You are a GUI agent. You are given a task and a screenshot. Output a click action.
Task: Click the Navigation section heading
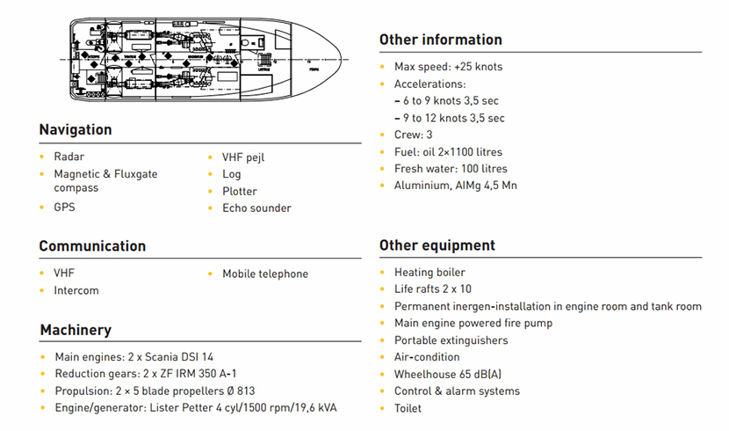pyautogui.click(x=76, y=130)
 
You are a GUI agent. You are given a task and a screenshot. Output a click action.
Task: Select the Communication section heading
pyautogui.click(x=92, y=246)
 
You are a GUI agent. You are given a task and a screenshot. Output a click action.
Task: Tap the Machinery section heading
pyautogui.click(x=76, y=331)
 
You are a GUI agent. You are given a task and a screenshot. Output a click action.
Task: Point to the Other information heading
pyautogui.click(x=440, y=40)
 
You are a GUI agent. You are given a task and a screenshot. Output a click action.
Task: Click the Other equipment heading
pyautogui.click(x=437, y=245)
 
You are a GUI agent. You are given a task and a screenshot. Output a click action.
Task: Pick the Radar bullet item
pyautogui.click(x=69, y=157)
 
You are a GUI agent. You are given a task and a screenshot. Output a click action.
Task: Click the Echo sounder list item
pyautogui.click(x=256, y=208)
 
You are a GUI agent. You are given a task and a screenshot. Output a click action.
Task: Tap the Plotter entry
pyautogui.click(x=240, y=192)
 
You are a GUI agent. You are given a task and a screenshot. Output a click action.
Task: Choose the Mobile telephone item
pyautogui.click(x=265, y=274)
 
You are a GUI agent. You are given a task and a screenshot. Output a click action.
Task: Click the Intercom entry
pyautogui.click(x=76, y=291)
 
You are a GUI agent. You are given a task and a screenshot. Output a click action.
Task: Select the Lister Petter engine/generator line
pyautogui.click(x=196, y=408)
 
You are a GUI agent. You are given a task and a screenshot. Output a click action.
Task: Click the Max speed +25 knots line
pyautogui.click(x=448, y=67)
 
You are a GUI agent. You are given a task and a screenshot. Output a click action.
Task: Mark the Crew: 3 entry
pyautogui.click(x=413, y=135)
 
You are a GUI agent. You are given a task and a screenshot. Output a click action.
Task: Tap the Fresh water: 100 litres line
pyautogui.click(x=451, y=169)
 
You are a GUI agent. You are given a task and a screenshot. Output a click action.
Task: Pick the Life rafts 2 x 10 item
pyautogui.click(x=433, y=289)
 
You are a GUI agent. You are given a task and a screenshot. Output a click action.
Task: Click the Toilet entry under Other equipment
pyautogui.click(x=408, y=409)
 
